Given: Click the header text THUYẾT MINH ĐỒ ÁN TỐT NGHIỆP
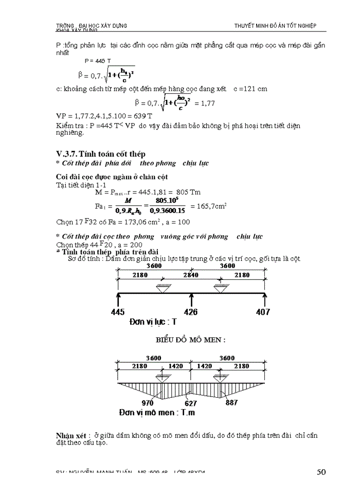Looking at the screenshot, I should click(275, 26).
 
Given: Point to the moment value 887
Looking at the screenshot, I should click(231, 403).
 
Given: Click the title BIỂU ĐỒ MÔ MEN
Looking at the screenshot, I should click(190, 340).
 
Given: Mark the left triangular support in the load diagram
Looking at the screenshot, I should click(164, 288).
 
